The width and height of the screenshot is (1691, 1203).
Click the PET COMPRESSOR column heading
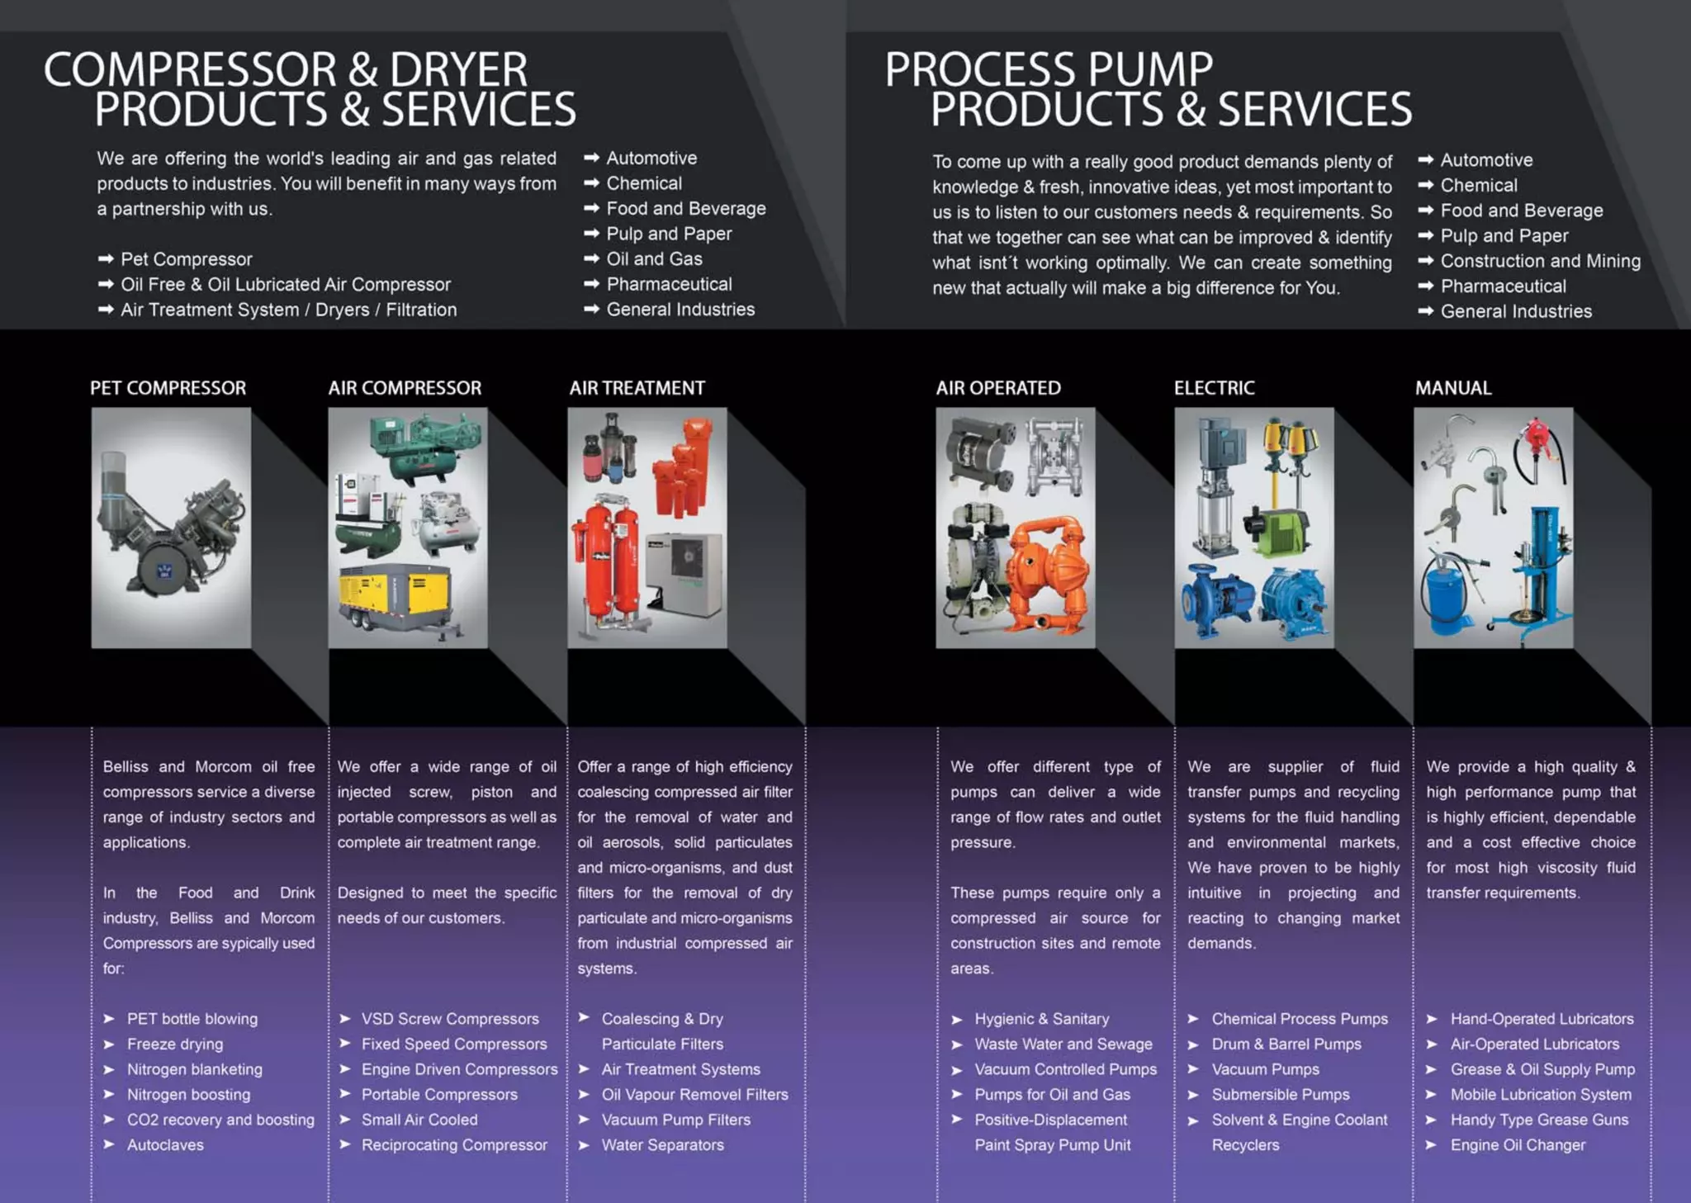[x=168, y=388]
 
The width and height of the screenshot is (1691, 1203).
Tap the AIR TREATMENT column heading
[x=637, y=388]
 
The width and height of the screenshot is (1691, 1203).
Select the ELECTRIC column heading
[x=1214, y=388]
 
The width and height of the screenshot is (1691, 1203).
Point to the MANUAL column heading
[x=1452, y=388]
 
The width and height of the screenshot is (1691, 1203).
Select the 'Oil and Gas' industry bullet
[x=654, y=259]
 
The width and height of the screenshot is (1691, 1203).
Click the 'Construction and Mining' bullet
[x=1540, y=261]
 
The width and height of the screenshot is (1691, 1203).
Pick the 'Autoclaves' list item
[x=165, y=1145]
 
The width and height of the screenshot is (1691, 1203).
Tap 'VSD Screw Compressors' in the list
[x=449, y=1019]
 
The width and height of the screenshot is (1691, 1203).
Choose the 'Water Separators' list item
[x=662, y=1145]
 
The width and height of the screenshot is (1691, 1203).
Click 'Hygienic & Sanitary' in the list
[x=1041, y=1019]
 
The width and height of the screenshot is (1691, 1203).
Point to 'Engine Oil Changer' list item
[x=1518, y=1145]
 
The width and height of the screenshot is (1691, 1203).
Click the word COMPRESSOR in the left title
[x=191, y=70]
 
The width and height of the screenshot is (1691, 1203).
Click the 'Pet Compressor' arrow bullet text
[x=186, y=259]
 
